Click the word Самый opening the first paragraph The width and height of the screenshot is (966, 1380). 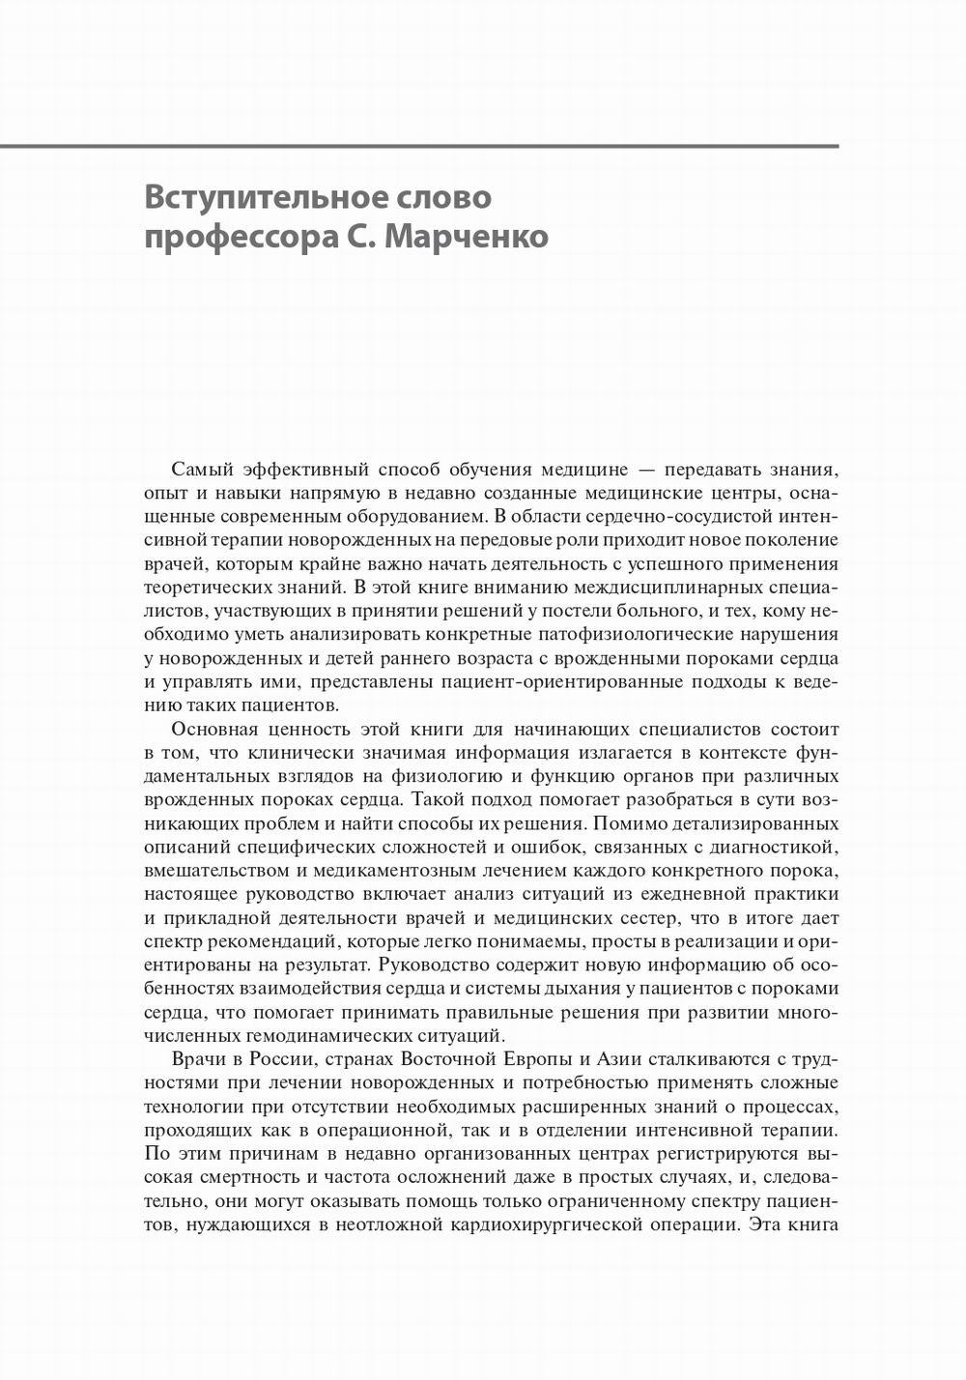click(x=201, y=470)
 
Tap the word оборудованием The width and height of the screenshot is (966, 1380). click(x=416, y=516)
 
